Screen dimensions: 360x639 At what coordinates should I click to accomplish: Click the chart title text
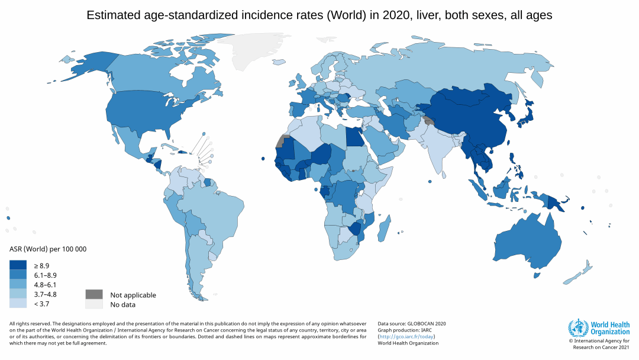pos(319,15)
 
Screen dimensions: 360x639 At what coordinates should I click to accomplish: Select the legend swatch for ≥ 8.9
pos(18,265)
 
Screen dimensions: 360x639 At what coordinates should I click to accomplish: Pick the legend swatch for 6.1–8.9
pos(18,275)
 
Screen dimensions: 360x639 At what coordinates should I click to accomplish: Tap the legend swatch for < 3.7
pos(18,304)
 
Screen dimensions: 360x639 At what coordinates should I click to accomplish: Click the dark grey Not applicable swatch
pos(93,294)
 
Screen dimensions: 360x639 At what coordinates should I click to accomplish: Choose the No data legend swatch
pos(93,304)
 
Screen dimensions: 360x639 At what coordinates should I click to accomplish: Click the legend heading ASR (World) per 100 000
pos(48,249)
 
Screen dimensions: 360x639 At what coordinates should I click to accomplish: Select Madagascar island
pos(384,229)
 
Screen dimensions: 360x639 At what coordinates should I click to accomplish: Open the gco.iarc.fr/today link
pos(406,336)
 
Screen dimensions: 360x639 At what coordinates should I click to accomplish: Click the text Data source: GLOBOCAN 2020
pos(411,323)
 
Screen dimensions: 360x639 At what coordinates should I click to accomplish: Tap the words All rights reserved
pos(30,323)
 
